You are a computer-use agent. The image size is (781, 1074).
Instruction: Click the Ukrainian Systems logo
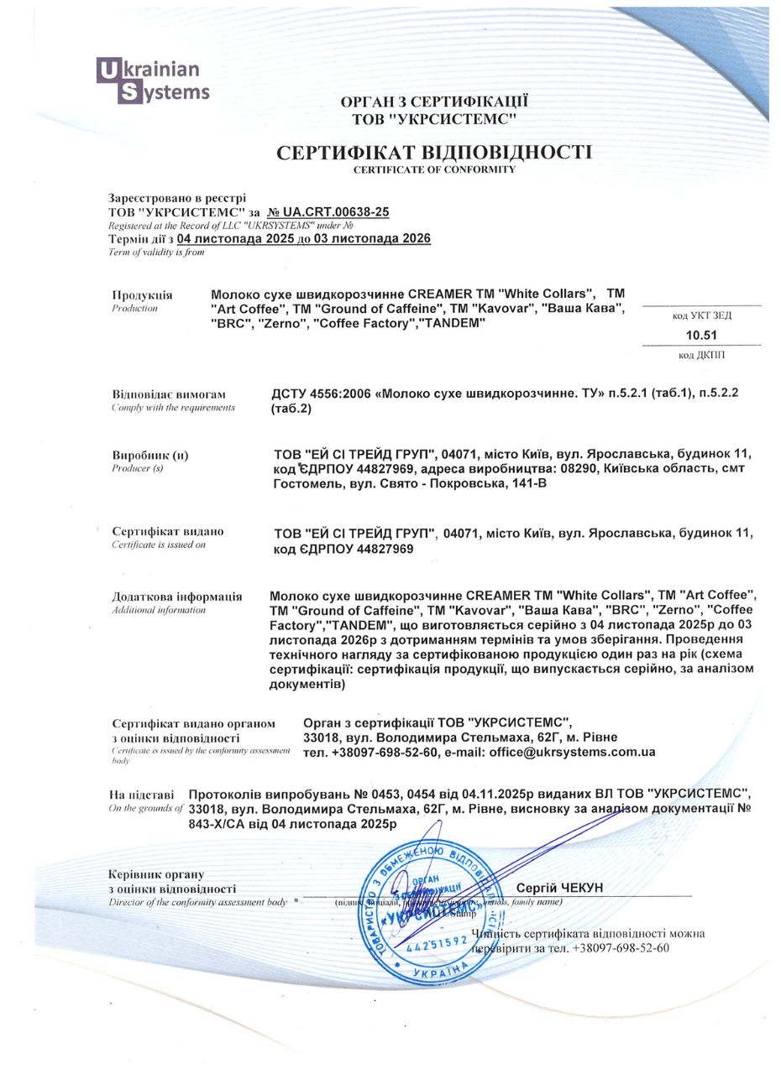point(153,81)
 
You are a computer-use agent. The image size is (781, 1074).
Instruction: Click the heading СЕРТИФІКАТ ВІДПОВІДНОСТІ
point(434,152)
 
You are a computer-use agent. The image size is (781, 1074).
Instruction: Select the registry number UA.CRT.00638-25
point(328,212)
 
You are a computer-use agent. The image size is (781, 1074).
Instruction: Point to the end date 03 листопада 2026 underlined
point(372,238)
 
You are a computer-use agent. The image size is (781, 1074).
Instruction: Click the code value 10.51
point(701,336)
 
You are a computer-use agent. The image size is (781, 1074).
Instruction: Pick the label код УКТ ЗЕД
point(701,315)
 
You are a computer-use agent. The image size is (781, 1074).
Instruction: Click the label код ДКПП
point(701,355)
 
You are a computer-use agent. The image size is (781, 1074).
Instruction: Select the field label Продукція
point(142,295)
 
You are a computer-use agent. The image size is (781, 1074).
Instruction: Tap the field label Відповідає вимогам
point(169,394)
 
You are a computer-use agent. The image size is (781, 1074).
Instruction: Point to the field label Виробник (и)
point(150,455)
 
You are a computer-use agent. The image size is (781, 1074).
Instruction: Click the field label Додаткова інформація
point(176,597)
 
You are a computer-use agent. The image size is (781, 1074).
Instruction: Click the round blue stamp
point(427,913)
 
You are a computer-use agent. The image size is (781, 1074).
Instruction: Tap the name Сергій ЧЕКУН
point(559,888)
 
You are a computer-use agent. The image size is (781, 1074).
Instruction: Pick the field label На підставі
point(141,794)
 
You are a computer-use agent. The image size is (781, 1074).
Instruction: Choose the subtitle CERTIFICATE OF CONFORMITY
point(434,169)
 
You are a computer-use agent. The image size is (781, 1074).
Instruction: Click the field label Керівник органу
point(156,873)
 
